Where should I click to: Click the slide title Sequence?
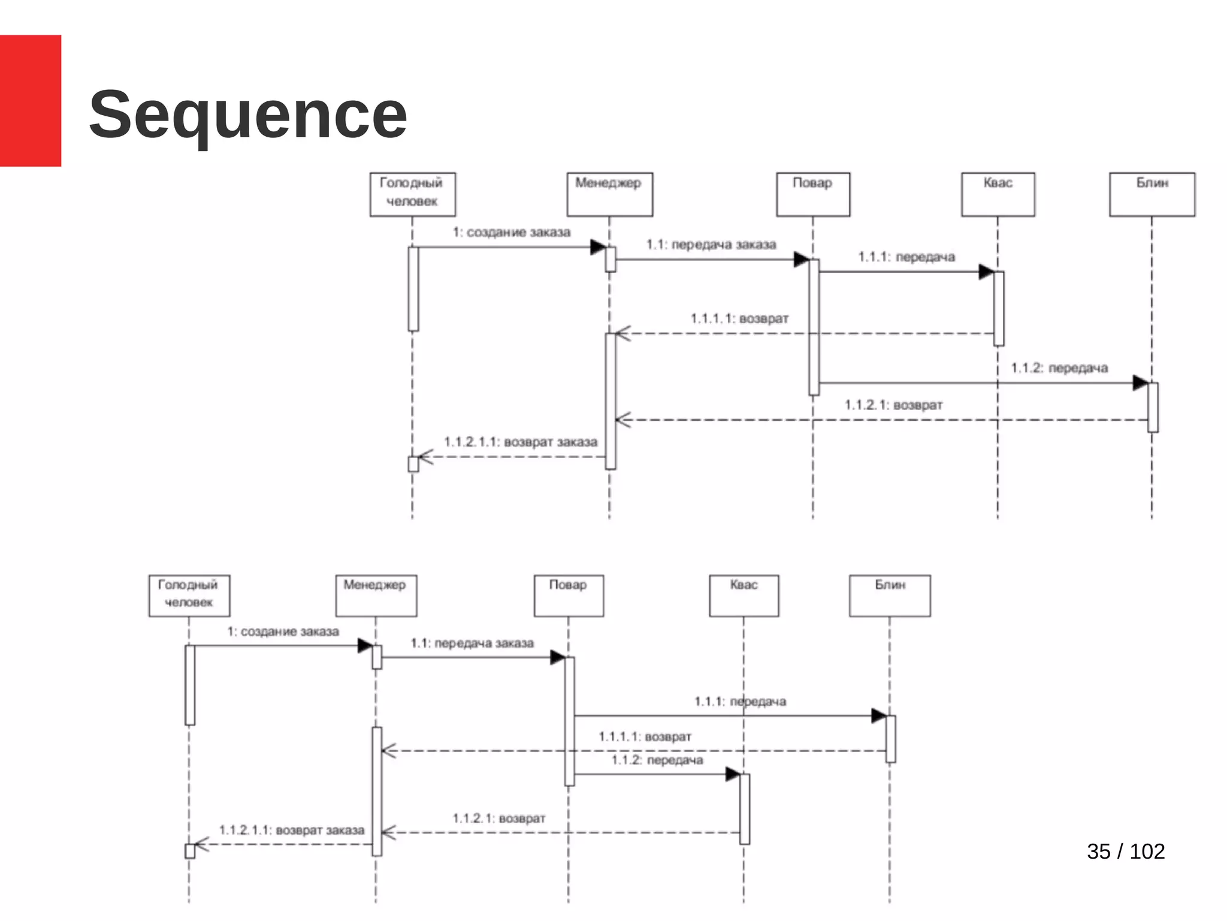click(x=248, y=115)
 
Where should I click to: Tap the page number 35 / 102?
click(x=1125, y=851)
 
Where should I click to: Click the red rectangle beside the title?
click(x=30, y=100)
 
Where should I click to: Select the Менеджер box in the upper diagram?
click(x=609, y=194)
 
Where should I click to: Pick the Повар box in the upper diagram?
click(x=812, y=194)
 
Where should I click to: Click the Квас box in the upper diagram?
click(x=998, y=194)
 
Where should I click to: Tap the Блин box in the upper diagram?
click(x=1152, y=194)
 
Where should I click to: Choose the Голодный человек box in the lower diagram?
click(x=189, y=595)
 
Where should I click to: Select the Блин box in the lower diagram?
click(x=890, y=595)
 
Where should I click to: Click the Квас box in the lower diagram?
click(x=744, y=595)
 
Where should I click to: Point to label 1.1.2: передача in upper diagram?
click(x=1059, y=368)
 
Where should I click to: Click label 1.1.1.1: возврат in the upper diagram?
click(x=739, y=318)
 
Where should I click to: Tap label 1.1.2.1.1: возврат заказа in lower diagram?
click(x=292, y=830)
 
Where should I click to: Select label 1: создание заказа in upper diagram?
click(x=511, y=232)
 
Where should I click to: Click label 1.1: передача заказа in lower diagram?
click(x=472, y=643)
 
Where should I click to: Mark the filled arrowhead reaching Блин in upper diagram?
click(x=1140, y=383)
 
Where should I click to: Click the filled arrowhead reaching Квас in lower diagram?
click(x=732, y=774)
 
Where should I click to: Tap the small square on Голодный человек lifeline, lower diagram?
click(x=190, y=851)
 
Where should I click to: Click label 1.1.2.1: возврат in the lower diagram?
click(x=499, y=818)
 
